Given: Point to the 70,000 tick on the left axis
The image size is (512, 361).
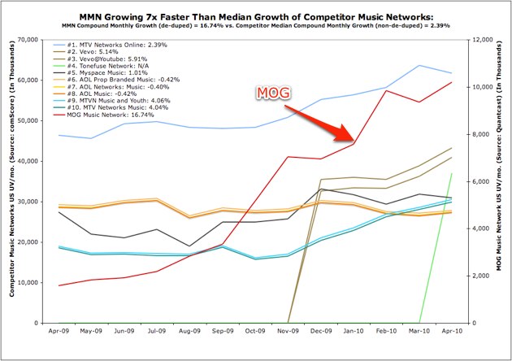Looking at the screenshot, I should coord(28,39).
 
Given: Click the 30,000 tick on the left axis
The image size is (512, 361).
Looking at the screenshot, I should coord(28,202).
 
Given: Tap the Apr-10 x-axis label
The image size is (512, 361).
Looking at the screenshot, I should coord(452,333).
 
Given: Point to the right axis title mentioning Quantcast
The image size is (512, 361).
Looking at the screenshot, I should coord(501,180).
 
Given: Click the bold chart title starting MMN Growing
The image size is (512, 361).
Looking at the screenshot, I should coord(256,15).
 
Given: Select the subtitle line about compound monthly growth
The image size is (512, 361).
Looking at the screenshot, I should coord(256,25).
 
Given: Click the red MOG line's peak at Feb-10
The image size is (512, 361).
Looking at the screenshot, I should coord(387,90).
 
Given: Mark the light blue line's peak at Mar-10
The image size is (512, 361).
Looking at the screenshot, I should coord(419,65).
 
